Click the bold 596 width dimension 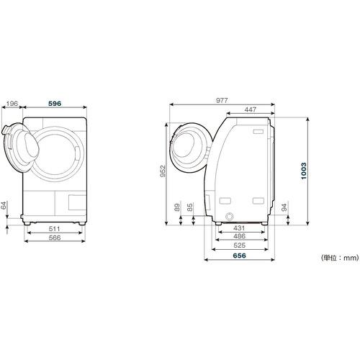coord(55,104)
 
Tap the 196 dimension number coord(12,104)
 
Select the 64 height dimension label coord(4,205)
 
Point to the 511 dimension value coord(54,229)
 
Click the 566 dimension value coord(55,238)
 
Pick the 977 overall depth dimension coord(222,100)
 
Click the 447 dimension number coord(251,109)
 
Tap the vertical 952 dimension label coord(163,171)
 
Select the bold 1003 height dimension coord(304,171)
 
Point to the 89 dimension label coord(177,207)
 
